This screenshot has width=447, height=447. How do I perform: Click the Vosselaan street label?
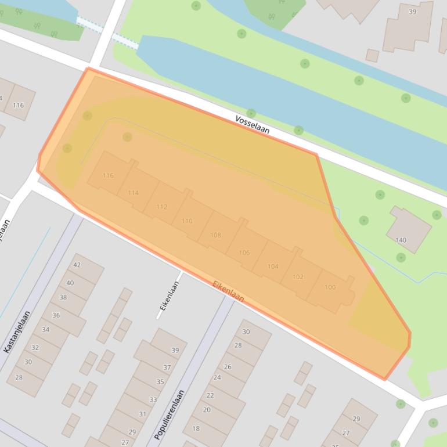(252, 124)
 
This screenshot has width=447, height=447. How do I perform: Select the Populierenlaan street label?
(170, 414)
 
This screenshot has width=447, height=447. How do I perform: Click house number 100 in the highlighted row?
(330, 287)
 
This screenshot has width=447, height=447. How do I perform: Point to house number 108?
(215, 235)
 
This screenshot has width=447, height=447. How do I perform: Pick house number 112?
(161, 207)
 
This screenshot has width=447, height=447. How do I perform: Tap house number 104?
(273, 266)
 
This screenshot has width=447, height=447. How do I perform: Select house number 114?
(134, 193)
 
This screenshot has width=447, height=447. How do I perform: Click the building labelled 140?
(401, 240)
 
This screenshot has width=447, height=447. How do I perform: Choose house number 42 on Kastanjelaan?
(77, 265)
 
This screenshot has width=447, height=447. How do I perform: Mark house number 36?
(56, 316)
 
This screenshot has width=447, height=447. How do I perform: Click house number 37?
(167, 367)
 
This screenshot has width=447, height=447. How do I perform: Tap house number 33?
(153, 400)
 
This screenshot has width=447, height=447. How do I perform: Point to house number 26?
(228, 367)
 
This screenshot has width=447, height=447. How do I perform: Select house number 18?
(196, 429)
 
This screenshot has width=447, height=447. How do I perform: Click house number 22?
(210, 395)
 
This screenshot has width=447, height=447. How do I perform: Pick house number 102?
(298, 277)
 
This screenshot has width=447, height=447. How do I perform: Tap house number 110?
(187, 221)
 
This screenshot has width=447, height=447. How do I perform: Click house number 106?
(244, 253)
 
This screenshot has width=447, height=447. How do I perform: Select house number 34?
(45, 330)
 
